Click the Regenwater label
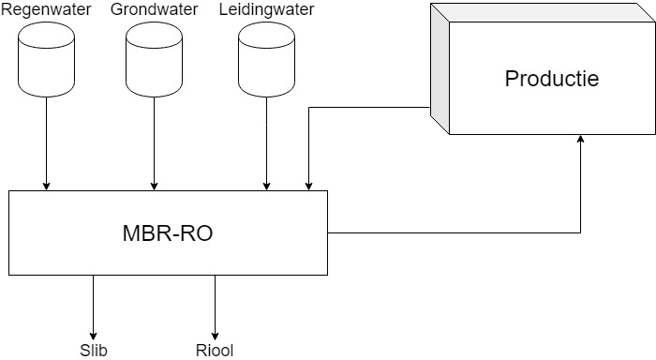(x=46, y=9)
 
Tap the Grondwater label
(x=154, y=9)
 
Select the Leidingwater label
(x=266, y=9)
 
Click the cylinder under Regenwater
(x=47, y=59)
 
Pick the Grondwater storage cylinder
(x=154, y=59)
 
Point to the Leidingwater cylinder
(x=266, y=59)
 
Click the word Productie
(x=552, y=79)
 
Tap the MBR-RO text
(x=168, y=233)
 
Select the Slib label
(x=94, y=351)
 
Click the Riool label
(x=215, y=351)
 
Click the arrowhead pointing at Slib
(x=94, y=337)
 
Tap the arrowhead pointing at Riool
(x=215, y=337)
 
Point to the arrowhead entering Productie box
(x=580, y=139)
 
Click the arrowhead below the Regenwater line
(x=47, y=187)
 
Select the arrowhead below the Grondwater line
(x=154, y=187)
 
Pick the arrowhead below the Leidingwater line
(x=266, y=187)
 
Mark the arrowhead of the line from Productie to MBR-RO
(x=308, y=187)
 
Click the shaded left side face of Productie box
(x=440, y=69)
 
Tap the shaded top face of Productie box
(x=543, y=13)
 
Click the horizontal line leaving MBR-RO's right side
(x=454, y=232)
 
